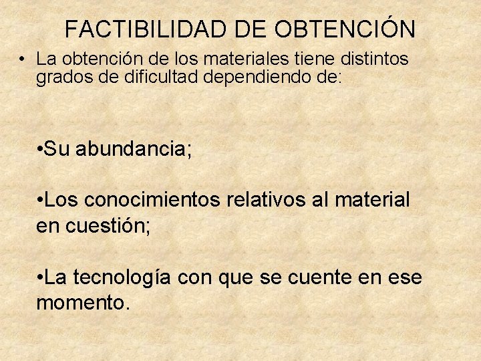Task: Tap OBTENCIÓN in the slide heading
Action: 345,29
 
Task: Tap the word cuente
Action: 320,277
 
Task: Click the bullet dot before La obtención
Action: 23,59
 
